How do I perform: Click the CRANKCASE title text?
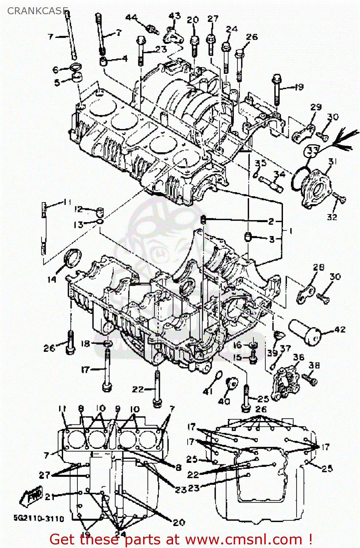38,11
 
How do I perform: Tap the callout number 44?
131,18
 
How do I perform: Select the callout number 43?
175,16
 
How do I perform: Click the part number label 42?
340,330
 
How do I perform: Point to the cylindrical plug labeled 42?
305,332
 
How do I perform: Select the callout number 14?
52,279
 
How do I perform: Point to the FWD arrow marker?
31,496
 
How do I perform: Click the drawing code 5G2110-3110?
39,518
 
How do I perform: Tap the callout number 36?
299,357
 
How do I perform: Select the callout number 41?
207,391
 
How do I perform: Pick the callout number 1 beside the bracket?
291,231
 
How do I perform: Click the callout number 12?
78,209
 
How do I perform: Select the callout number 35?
260,163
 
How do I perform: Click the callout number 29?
316,107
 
